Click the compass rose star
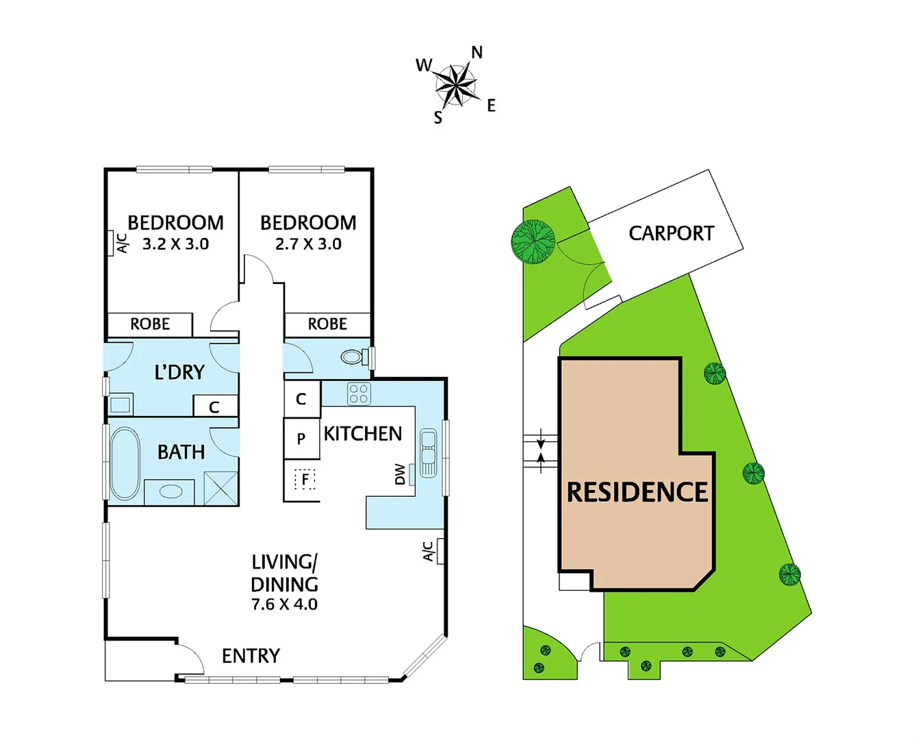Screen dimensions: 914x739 tap(455, 85)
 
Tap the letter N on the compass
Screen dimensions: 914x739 tap(477, 53)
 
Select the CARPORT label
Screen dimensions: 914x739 tap(671, 233)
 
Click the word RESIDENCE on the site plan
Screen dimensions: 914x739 tap(637, 492)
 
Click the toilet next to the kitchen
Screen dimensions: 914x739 tap(353, 356)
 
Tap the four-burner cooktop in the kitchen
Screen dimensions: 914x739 tap(359, 393)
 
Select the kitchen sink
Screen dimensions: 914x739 tap(428, 452)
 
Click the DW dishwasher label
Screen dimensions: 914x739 tap(401, 474)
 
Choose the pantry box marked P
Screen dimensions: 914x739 tap(301, 439)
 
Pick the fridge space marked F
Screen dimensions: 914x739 tap(305, 479)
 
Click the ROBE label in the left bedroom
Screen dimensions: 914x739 tap(150, 324)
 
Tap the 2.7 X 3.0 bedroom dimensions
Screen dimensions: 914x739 tap(308, 244)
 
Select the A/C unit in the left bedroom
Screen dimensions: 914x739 tap(111, 243)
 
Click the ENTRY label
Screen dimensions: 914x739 tap(251, 656)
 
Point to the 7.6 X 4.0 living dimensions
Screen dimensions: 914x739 tap(284, 604)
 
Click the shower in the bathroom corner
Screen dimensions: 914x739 tap(220, 488)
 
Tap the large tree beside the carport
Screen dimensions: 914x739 tap(533, 242)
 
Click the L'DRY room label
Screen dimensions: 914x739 tap(179, 372)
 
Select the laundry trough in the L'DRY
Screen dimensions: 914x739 tap(120, 404)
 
